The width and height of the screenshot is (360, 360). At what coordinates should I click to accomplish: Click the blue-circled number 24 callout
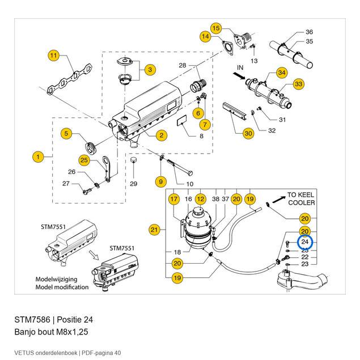tap(305, 242)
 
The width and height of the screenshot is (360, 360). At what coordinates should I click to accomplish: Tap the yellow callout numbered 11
tap(53, 56)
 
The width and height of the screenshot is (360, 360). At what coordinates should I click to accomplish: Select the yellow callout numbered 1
tap(38, 157)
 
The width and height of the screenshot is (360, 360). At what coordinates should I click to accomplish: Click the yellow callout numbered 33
tap(298, 84)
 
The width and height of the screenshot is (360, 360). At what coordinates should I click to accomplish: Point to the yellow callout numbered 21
tap(154, 230)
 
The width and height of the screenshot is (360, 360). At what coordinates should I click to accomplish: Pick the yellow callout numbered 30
tap(248, 133)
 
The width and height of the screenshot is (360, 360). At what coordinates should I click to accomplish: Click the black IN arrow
tap(239, 76)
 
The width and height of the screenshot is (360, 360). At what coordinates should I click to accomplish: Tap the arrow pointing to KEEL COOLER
tap(279, 200)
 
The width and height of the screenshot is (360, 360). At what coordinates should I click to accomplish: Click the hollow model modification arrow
tap(94, 255)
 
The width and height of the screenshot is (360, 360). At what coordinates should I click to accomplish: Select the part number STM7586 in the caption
tap(32, 320)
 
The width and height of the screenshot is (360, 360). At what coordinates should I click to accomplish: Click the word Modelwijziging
tap(56, 279)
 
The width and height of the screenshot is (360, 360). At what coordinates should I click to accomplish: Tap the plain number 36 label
tap(310, 32)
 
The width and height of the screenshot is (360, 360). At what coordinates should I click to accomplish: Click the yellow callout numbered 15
tap(216, 28)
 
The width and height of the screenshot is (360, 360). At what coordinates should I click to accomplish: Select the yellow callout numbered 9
tap(160, 182)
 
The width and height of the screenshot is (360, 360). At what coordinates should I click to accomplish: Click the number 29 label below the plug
tap(134, 184)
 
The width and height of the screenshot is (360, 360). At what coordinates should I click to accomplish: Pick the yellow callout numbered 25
tap(84, 160)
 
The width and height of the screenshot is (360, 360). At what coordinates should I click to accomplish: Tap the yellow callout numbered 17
tap(174, 199)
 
